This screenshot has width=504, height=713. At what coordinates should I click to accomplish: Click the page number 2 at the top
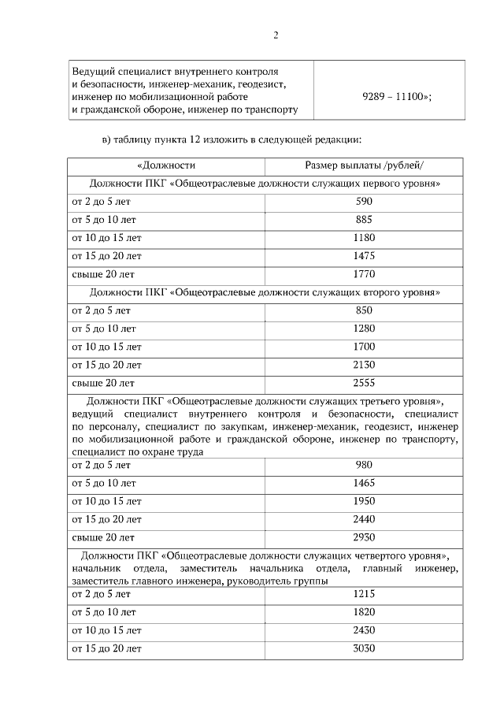point(276,35)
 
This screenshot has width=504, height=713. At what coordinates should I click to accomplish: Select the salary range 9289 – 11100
point(397,95)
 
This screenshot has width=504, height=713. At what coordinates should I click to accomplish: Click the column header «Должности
point(166,165)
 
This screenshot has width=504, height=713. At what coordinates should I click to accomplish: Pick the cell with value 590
point(364,201)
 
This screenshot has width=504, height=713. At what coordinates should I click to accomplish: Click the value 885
point(364,219)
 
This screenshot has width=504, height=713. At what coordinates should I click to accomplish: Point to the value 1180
point(364,237)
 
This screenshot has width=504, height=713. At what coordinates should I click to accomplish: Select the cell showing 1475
point(364,256)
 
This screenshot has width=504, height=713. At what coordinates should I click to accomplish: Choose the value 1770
point(364,274)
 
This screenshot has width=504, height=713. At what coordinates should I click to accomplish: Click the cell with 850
point(364,310)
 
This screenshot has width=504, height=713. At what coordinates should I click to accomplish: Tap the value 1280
point(364,329)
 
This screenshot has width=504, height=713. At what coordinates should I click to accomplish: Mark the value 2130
point(364,365)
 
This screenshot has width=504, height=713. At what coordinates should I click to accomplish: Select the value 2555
point(364,383)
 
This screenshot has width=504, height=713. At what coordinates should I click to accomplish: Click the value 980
point(364,465)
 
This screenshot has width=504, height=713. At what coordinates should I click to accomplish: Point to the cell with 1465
point(364,483)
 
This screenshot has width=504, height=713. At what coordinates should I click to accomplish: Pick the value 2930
point(364,537)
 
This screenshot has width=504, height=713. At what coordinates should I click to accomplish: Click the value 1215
point(364,594)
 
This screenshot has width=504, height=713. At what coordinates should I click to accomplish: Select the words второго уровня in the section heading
point(402,292)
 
